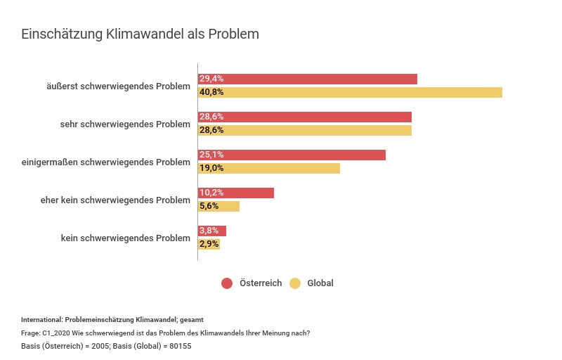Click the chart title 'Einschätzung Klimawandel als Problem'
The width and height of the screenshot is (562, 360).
pos(140,34)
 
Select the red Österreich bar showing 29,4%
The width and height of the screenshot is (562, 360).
pos(308,79)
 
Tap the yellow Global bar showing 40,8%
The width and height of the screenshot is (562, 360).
pos(350,92)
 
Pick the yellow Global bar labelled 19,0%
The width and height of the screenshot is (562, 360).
pos(269,168)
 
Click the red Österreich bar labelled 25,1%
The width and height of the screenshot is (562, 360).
pos(292,155)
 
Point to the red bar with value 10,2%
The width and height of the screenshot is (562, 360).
pos(236,193)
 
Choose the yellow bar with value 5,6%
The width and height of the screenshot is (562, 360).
pos(219,206)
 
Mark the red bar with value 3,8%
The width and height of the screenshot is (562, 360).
pos(212,231)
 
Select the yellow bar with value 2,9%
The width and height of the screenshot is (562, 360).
pos(209,244)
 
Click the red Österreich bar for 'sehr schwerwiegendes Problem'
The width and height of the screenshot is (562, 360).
pos(305,117)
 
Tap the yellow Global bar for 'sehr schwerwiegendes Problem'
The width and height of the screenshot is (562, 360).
pos(305,130)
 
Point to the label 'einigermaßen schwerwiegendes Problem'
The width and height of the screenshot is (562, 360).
pos(106,162)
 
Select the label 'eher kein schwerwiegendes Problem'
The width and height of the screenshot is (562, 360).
pos(115,200)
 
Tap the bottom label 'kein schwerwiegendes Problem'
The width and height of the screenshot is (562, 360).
pos(126,238)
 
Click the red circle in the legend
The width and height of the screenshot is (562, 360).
pos(227,283)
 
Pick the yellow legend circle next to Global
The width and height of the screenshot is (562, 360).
pos(295,283)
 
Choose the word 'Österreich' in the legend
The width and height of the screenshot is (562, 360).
pos(261,283)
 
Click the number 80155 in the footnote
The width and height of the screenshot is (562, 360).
pos(180,346)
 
